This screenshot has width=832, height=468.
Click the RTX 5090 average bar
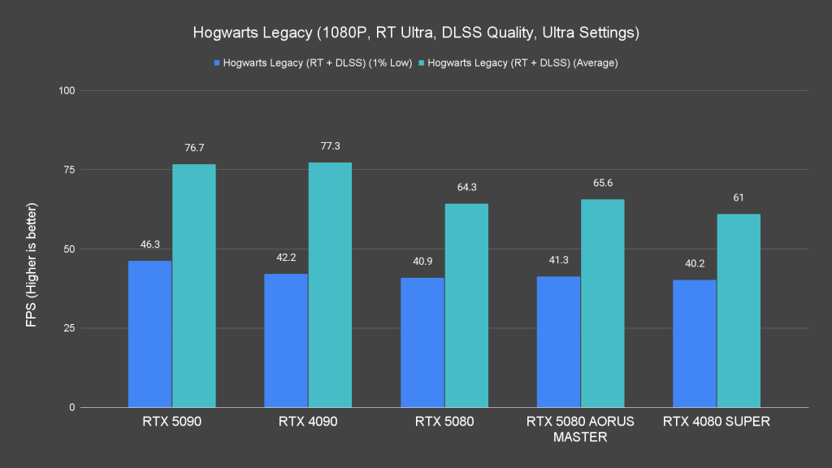193,286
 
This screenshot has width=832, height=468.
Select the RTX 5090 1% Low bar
149,334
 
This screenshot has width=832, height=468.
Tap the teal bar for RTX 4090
330,285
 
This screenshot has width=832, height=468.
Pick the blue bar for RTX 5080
422,342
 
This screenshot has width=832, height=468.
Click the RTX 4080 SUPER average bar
739,310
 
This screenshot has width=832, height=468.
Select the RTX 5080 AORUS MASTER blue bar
559,342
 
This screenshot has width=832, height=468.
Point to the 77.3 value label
330,146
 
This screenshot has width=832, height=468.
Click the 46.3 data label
149,244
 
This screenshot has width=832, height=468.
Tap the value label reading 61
739,197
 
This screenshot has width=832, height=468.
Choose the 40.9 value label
422,261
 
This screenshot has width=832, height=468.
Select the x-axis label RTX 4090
308,422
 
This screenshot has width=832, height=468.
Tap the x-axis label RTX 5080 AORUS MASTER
580,429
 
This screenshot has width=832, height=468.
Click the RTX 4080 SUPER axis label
717,422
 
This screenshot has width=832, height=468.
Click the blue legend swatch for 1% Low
216,63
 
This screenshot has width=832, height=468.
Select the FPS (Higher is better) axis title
30,249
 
